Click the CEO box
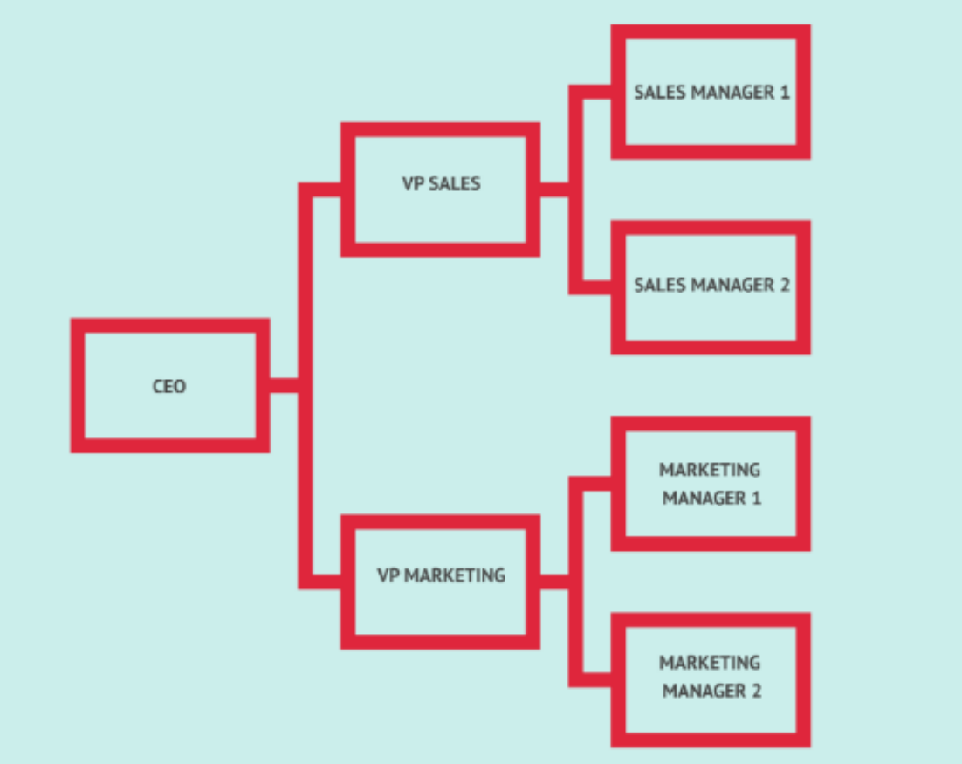click(169, 385)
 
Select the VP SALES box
click(440, 189)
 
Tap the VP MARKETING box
click(440, 581)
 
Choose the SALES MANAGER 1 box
click(711, 92)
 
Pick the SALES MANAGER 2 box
click(711, 286)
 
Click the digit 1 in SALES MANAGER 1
click(783, 93)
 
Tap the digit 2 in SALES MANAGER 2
click(783, 286)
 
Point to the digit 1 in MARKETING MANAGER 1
click(756, 499)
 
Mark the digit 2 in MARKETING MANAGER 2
click(756, 692)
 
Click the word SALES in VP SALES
click(454, 184)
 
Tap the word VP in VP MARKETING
click(388, 575)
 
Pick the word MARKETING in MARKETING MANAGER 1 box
click(710, 470)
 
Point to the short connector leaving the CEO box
click(283, 385)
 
